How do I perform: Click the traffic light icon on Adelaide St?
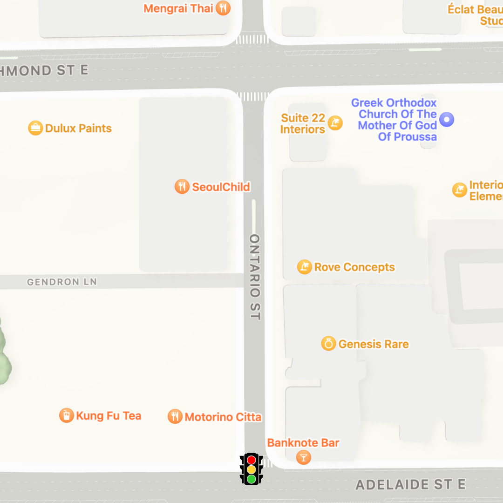(251, 469)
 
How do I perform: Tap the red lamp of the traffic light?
(251, 460)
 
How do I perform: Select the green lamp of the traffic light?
(251, 479)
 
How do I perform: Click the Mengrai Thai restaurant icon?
(224, 8)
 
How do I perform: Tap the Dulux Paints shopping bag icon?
(35, 128)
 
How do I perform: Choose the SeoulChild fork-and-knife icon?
(182, 187)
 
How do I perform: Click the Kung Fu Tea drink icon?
(66, 415)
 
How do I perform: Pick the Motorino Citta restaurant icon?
(175, 416)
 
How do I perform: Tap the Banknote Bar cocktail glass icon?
(303, 457)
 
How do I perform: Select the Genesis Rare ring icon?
(328, 344)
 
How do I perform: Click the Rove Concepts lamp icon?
(304, 267)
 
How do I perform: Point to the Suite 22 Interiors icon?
(335, 123)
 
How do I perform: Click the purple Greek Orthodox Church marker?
(447, 120)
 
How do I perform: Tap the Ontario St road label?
(255, 277)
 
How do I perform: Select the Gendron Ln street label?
(62, 282)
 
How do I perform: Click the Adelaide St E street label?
(410, 485)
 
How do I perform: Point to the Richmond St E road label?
(44, 70)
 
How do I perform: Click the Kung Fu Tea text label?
(109, 415)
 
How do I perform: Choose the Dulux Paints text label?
(78, 128)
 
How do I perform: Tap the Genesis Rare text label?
(374, 344)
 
